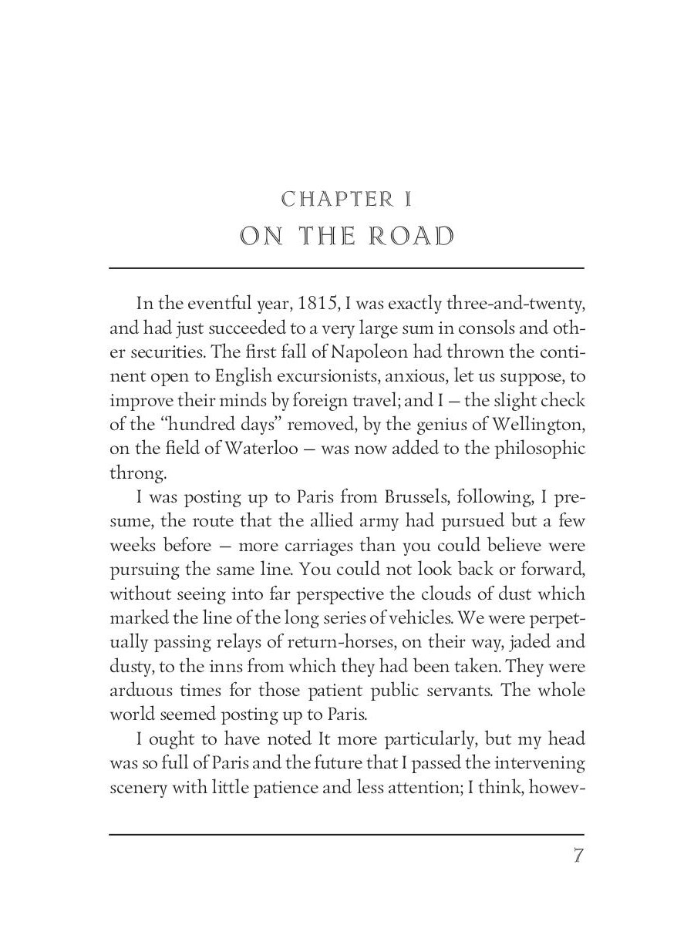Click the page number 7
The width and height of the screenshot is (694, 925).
[x=578, y=856]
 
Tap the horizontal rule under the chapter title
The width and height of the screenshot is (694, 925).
[x=347, y=268]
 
